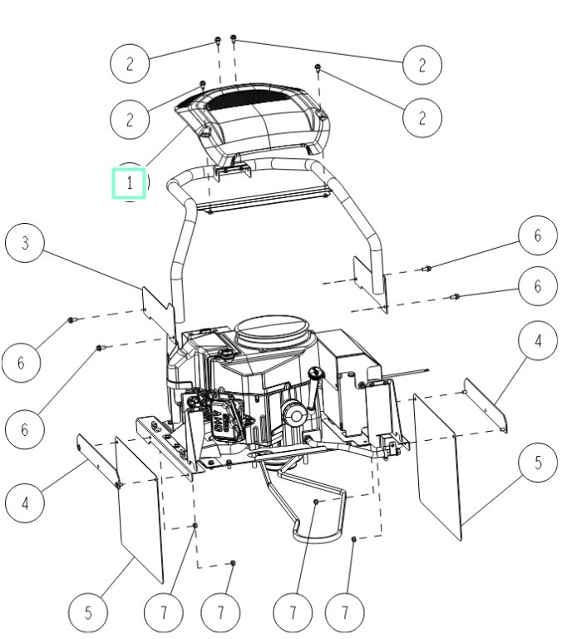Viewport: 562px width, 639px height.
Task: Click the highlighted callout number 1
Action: pyautogui.click(x=130, y=182)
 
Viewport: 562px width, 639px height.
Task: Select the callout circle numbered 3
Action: pyautogui.click(x=26, y=243)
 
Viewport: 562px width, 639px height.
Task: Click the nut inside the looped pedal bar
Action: pyautogui.click(x=317, y=502)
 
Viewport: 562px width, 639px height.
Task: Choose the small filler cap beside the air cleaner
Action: pyautogui.click(x=225, y=353)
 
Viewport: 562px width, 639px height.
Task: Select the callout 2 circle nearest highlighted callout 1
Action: pyautogui.click(x=131, y=118)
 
